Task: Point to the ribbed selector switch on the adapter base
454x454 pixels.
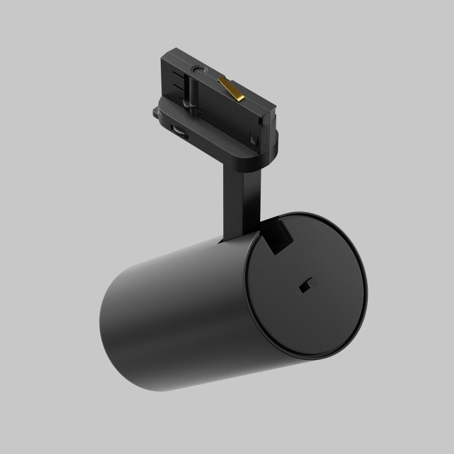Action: pyautogui.click(x=180, y=132)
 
